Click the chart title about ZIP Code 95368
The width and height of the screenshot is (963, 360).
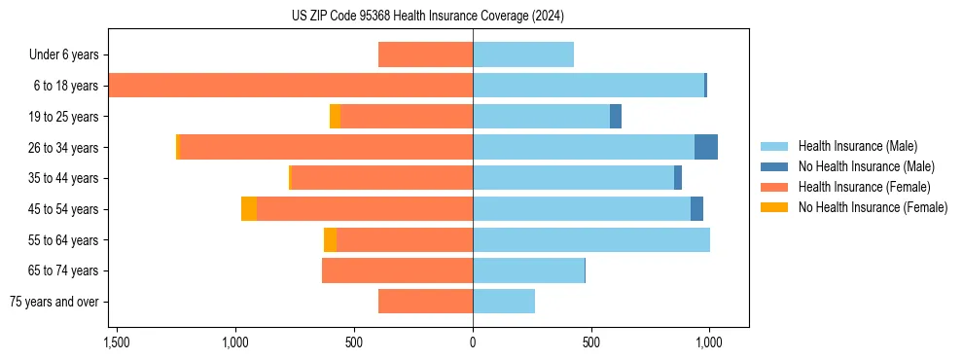pyautogui.click(x=428, y=17)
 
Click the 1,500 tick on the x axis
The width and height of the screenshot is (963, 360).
pyautogui.click(x=116, y=342)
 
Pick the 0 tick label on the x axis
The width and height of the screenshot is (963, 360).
pyautogui.click(x=473, y=342)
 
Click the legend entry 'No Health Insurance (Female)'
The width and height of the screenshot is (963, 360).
pyautogui.click(x=873, y=207)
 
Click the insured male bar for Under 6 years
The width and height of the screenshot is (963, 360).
pyautogui.click(x=523, y=54)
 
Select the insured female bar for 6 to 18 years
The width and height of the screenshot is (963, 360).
pyautogui.click(x=291, y=86)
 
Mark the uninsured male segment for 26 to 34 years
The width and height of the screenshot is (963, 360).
pyautogui.click(x=706, y=147)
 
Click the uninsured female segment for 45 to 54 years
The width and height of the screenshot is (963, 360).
pyautogui.click(x=249, y=209)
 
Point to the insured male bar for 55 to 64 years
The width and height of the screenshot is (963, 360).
pyautogui.click(x=591, y=239)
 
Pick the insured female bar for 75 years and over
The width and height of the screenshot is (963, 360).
pyautogui.click(x=425, y=302)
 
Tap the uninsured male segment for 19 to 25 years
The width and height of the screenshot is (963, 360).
pyautogui.click(x=616, y=117)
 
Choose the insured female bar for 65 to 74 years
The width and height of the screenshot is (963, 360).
pyautogui.click(x=397, y=270)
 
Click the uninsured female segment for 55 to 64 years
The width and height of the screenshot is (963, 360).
pyautogui.click(x=330, y=239)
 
